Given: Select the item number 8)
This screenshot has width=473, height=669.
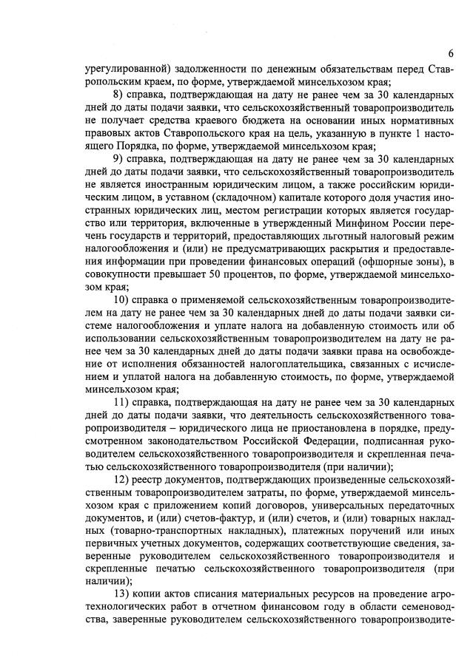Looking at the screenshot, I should [119, 95].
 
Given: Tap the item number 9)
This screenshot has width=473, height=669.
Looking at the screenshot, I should [119, 160].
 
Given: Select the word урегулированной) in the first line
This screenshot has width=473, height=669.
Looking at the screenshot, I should [123, 67].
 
